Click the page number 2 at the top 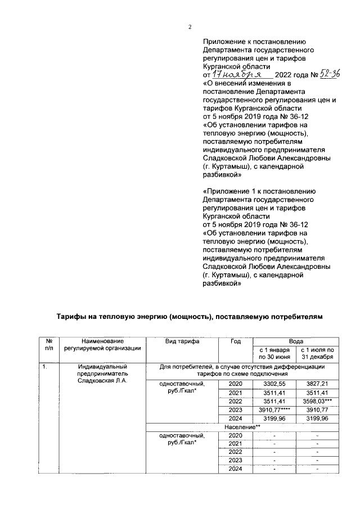(x=190, y=26)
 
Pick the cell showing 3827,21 (x=318, y=383)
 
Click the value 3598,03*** (x=318, y=401)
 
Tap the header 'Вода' (x=296, y=341)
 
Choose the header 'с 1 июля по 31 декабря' (x=318, y=353)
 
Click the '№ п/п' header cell (x=49, y=344)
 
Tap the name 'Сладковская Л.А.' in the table (x=103, y=381)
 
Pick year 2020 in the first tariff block (x=236, y=383)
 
